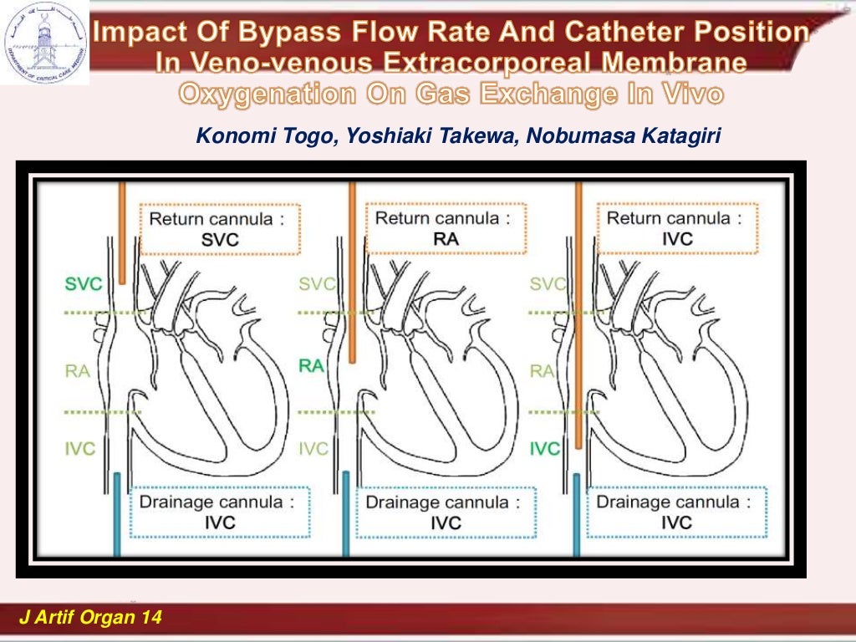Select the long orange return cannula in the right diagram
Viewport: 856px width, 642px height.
tap(578, 318)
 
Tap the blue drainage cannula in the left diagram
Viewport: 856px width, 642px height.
tap(117, 513)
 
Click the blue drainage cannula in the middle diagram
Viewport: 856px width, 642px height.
tap(346, 513)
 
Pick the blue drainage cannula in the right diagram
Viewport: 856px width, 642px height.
tap(576, 513)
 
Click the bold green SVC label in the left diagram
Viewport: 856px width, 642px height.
tap(84, 284)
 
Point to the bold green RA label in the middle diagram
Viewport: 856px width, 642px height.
tap(312, 365)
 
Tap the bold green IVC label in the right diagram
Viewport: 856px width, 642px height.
tap(544, 449)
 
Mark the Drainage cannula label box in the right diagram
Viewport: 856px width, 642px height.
tap(675, 512)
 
